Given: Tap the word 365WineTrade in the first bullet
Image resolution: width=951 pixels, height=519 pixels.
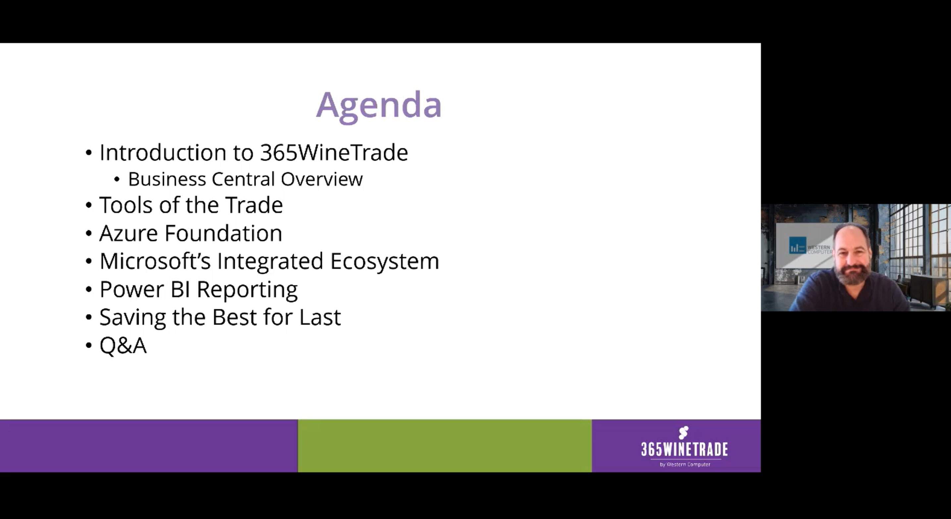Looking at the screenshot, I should click(334, 153).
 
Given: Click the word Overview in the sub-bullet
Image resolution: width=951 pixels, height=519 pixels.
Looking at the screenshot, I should click(322, 179).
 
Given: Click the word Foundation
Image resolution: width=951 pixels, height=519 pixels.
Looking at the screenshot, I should click(223, 234).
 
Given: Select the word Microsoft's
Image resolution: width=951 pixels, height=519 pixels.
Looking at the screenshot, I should click(155, 261).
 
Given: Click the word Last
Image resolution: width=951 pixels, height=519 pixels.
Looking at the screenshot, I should click(320, 317).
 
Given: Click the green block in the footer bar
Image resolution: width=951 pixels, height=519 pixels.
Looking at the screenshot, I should click(444, 445).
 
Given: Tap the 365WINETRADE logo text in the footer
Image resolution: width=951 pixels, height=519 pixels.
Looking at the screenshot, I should click(684, 449).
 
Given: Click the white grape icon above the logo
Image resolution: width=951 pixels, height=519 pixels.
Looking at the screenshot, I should click(684, 433).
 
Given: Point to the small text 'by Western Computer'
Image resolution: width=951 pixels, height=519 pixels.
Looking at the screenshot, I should click(685, 464).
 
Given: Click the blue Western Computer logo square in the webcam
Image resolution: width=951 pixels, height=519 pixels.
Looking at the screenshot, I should click(797, 246).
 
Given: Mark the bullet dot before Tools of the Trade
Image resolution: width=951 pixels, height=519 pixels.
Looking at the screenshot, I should click(89, 205).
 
